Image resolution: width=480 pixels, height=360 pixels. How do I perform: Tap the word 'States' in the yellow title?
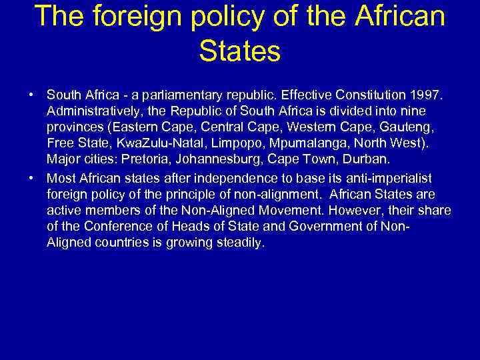239,51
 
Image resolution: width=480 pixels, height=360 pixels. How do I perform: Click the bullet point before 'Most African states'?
32,178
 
